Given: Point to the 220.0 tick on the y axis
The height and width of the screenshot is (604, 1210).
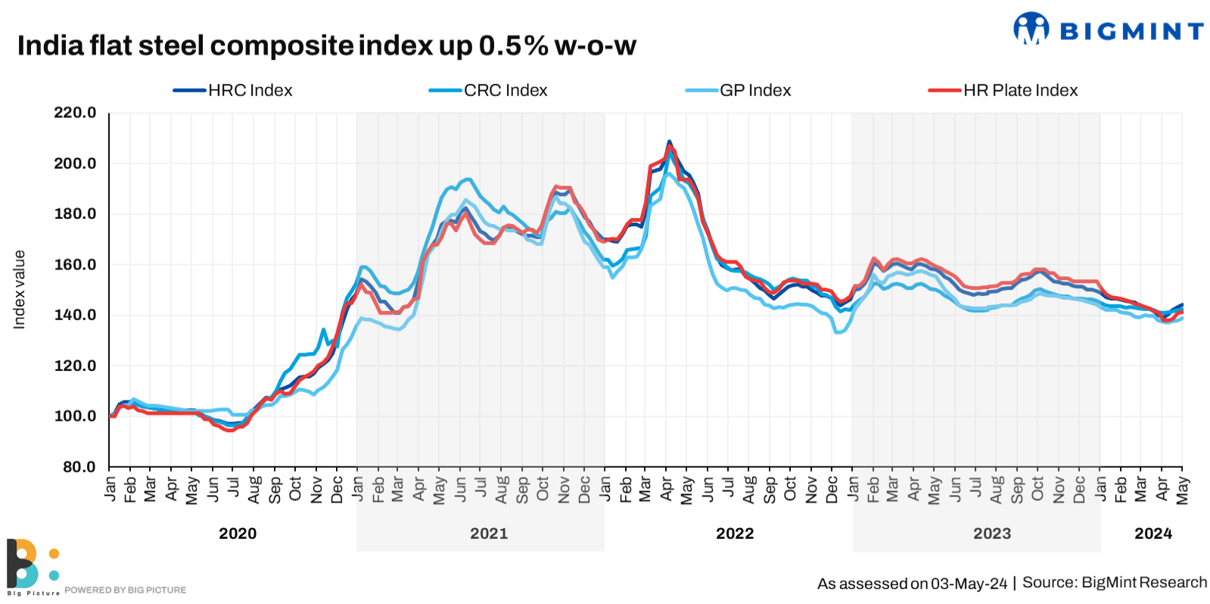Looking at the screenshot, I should point(75,113).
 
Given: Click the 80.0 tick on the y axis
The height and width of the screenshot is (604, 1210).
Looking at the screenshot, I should point(79,467).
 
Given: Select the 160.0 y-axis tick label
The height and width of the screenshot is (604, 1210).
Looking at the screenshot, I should point(75,265).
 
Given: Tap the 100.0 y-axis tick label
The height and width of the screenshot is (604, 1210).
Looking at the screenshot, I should point(75,416).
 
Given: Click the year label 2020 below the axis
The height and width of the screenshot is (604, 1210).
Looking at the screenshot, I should point(238,534).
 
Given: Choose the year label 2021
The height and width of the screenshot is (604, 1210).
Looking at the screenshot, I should point(489,534).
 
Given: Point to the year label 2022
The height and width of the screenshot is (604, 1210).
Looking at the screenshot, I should point(735,534).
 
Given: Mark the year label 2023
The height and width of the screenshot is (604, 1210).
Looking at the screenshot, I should point(992,534).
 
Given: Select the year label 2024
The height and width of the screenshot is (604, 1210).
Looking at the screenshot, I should point(1153,534).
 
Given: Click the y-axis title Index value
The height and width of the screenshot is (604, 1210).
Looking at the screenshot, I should point(20,290).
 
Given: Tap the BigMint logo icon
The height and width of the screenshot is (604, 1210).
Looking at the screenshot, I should point(1031,29).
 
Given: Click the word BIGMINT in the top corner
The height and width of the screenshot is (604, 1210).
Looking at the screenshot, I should point(1131,31).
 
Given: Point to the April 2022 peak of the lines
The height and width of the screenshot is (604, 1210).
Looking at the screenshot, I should point(669,142).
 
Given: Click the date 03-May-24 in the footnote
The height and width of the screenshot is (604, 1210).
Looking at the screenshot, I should point(969,584).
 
